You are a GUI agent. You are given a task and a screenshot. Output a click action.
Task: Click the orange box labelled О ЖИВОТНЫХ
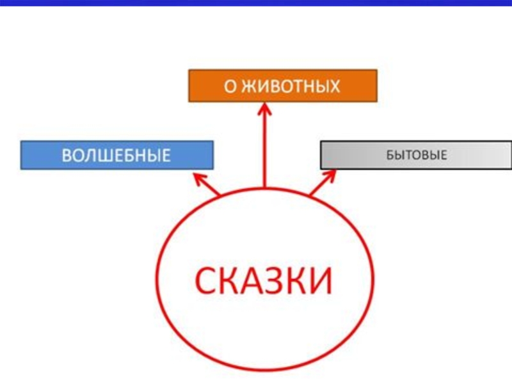tap(283, 86)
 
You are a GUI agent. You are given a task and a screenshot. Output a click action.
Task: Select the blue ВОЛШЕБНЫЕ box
tap(116, 155)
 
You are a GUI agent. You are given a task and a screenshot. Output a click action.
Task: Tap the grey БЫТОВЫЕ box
tap(416, 155)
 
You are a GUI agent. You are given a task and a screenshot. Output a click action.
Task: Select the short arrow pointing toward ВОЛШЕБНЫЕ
tap(208, 184)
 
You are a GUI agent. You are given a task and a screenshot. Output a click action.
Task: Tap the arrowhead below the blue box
tap(200, 177)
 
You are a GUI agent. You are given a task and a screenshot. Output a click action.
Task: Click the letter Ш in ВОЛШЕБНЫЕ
tap(111, 155)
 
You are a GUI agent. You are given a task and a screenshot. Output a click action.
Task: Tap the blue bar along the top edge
tap(256, 3)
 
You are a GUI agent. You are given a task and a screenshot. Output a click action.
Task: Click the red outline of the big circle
tap(158, 282)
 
